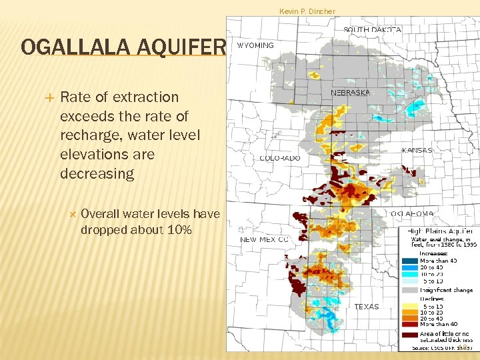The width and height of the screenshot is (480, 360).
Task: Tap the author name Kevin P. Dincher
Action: pos(307,11)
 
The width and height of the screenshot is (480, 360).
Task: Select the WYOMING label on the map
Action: pos(255,45)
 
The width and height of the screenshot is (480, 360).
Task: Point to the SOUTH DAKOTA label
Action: pos(372,30)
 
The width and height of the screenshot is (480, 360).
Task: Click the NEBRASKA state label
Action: pos(350,93)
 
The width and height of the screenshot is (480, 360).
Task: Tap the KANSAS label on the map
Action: pos(417,151)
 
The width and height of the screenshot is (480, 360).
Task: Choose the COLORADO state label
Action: pos(279,159)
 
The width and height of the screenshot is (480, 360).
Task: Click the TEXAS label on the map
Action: pos(366,307)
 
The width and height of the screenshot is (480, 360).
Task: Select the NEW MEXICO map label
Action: pos(265,239)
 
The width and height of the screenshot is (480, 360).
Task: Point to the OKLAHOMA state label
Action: pos(412,214)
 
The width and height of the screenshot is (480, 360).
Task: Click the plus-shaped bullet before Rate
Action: pos(47,97)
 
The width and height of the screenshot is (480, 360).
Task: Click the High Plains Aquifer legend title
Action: pos(441,231)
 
